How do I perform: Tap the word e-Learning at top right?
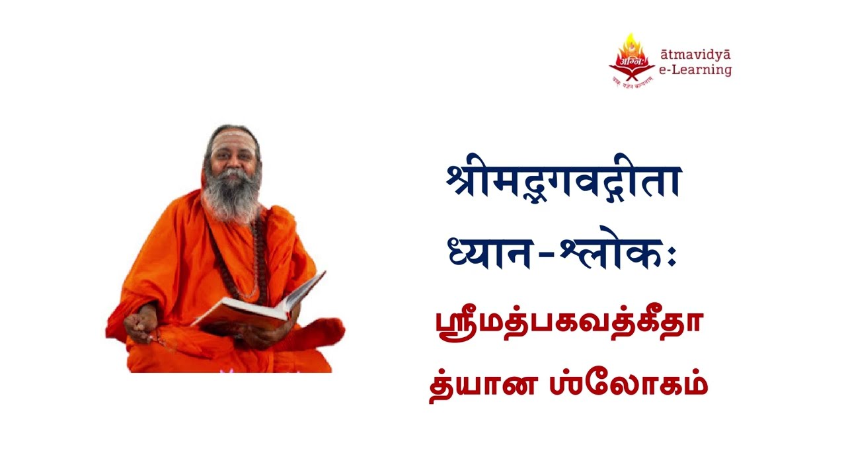point(696,69)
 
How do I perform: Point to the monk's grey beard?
point(231,195)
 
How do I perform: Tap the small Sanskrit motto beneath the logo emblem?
point(631,82)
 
